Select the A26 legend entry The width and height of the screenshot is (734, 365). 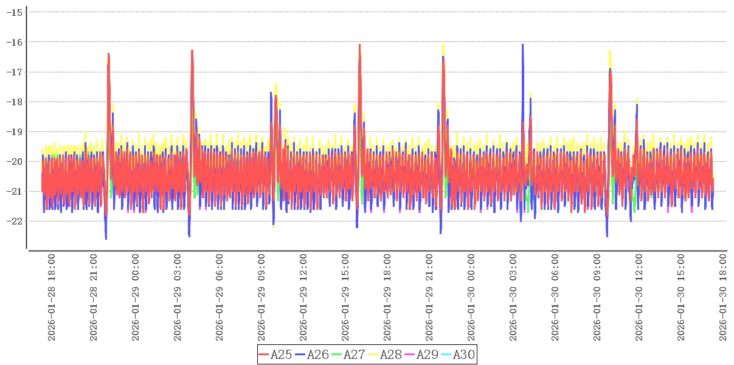click(311, 355)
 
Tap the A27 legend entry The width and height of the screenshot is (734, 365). click(348, 355)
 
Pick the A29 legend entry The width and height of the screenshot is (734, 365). click(421, 355)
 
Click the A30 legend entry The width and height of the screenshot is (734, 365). click(457, 355)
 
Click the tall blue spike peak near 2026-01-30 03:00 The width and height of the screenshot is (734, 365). click(522, 45)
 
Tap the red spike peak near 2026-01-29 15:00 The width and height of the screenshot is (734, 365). click(359, 46)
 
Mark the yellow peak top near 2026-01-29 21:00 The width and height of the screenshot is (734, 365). click(443, 45)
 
